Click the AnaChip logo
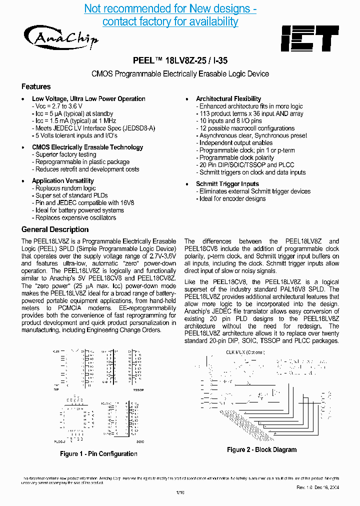coord(60,36)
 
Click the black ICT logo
coord(309,38)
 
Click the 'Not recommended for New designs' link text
coord(170,9)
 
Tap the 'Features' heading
coord(36,86)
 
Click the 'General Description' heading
coord(55,229)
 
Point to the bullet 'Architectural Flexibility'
coord(228,99)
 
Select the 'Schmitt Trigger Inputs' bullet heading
coord(227,184)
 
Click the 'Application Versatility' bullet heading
coord(63,181)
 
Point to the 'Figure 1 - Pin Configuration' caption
coord(98,454)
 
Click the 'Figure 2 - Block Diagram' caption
coord(261,449)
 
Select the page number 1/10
coord(180,492)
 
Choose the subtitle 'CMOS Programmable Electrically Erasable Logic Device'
coord(180,74)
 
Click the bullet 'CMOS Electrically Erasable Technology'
coord(87,147)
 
